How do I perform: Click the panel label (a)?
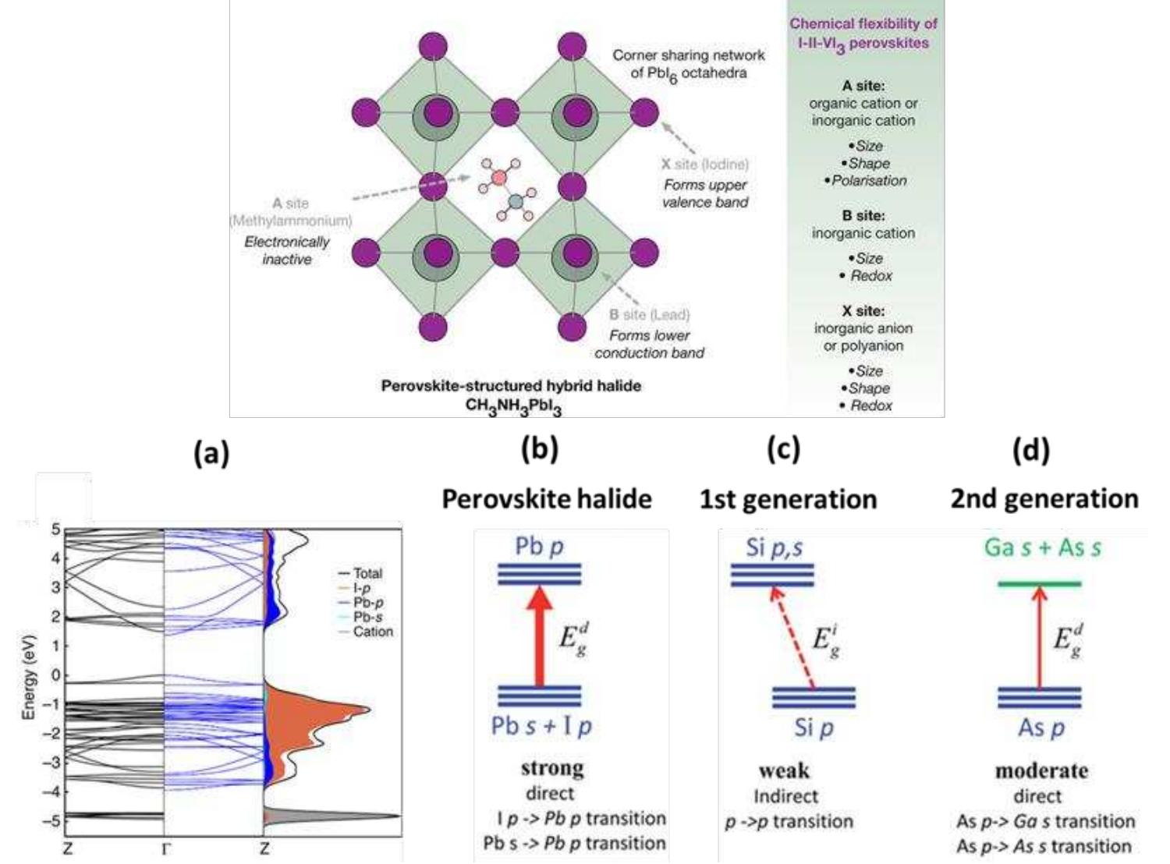(211, 452)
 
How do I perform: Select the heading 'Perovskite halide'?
(546, 499)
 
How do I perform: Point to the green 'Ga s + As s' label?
(1042, 547)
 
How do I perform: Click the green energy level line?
(1040, 583)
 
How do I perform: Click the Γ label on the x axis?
(165, 849)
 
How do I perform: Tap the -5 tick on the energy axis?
(55, 820)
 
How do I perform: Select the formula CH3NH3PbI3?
(512, 406)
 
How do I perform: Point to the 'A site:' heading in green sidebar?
(863, 86)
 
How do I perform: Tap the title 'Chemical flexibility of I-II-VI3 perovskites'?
(863, 34)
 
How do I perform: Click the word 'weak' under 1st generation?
(784, 770)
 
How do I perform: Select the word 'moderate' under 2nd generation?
(1041, 770)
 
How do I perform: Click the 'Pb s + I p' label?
(541, 727)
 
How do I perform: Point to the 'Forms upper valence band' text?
(704, 193)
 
